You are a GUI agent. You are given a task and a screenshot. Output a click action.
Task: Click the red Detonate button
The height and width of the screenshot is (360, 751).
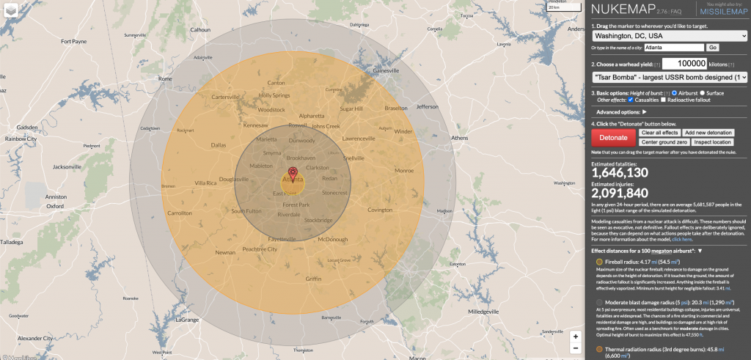click(x=613, y=137)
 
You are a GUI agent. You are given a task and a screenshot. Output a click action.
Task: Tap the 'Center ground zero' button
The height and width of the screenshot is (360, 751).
click(x=663, y=142)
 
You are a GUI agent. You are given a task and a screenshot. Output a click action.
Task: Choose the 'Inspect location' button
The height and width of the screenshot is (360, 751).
click(x=711, y=142)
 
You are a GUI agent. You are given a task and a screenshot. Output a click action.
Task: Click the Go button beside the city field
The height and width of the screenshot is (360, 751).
click(x=712, y=48)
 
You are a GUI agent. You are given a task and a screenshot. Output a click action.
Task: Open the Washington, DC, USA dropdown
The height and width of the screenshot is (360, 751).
click(x=670, y=34)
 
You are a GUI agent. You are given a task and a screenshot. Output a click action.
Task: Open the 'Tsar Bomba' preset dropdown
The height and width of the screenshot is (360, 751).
click(x=670, y=76)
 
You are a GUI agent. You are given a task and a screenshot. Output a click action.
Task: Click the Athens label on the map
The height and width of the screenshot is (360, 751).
click(x=459, y=138)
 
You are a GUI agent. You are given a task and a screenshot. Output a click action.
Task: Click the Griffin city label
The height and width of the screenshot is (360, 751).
click(x=313, y=279)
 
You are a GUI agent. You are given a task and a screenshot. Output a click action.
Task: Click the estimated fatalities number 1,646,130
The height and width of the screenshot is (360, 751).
click(x=620, y=172)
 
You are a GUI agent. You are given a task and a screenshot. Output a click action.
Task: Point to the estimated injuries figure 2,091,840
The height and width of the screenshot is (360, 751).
click(x=621, y=193)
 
